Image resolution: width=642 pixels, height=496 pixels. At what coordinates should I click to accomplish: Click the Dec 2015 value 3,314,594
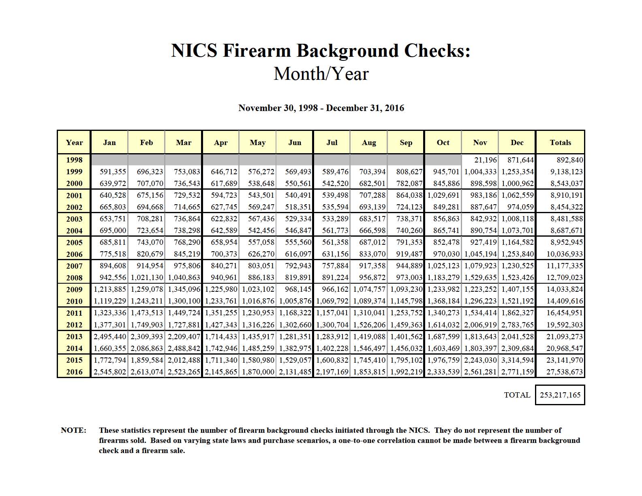tap(517, 360)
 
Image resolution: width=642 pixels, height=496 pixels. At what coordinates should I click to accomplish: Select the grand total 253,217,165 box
tap(560, 395)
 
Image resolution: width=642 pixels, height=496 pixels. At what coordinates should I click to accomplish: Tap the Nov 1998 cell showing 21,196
tap(486, 160)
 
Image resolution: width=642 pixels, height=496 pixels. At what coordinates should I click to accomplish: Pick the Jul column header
tap(332, 142)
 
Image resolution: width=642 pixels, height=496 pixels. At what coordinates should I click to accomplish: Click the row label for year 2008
tap(74, 278)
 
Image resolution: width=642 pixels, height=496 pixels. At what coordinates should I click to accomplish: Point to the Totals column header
tap(560, 142)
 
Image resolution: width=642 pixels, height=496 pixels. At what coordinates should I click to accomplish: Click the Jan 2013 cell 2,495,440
tap(110, 336)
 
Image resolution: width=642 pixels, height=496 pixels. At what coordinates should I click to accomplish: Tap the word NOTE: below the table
tap(73, 430)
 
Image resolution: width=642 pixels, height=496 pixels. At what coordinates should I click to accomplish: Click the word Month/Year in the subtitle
tap(321, 74)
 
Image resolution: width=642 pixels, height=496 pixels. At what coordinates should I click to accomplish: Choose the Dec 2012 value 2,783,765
tap(517, 325)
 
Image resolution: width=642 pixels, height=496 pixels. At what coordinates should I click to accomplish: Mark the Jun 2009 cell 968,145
tap(297, 289)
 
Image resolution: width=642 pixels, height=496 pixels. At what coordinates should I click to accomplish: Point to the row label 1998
tap(74, 160)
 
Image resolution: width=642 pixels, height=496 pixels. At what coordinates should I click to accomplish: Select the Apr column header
tap(220, 142)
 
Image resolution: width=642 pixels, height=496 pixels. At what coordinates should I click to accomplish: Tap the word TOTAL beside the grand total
tap(517, 395)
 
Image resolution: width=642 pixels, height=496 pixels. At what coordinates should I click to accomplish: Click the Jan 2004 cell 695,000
tap(113, 231)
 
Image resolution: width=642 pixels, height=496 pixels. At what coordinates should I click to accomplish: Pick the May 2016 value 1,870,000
tap(258, 372)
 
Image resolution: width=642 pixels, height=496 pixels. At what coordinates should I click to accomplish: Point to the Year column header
tap(74, 142)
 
